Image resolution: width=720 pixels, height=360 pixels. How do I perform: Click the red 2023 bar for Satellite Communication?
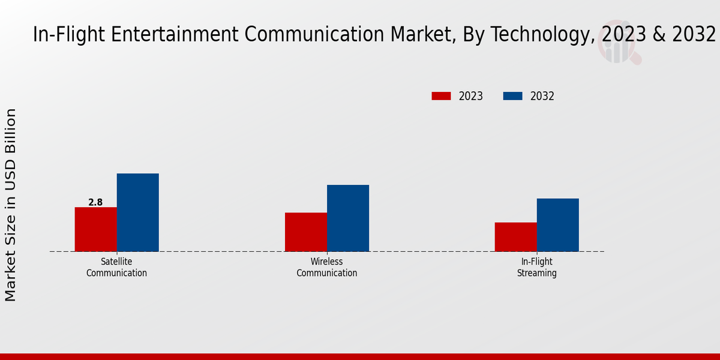coord(95,229)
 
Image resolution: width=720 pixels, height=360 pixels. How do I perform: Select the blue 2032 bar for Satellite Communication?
coord(137,212)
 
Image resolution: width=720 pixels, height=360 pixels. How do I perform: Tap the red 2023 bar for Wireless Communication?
coord(306,232)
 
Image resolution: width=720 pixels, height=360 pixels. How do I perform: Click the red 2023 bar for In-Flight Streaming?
coord(515,237)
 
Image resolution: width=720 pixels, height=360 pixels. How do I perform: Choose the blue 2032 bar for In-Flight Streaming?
coord(557,225)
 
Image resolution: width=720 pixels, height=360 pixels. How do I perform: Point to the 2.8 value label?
coord(95,203)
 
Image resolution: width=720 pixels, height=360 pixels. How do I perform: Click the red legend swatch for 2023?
coord(441,96)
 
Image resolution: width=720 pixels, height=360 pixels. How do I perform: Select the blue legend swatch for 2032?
coord(512,96)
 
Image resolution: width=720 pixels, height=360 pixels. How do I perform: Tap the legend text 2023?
coord(471,96)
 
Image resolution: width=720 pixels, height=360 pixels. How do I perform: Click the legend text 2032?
coord(542,96)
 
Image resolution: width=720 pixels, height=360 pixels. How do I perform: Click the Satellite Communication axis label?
coord(116,268)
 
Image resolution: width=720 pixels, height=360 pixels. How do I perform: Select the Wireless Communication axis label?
coord(327,268)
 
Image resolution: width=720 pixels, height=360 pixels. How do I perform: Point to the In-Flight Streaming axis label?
coord(537,268)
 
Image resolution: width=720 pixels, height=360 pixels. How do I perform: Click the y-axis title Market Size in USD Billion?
coord(11,205)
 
